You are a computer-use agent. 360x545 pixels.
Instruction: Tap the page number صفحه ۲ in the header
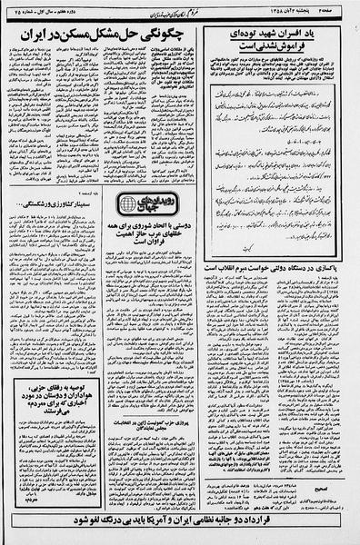pyautogui.click(x=342, y=8)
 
